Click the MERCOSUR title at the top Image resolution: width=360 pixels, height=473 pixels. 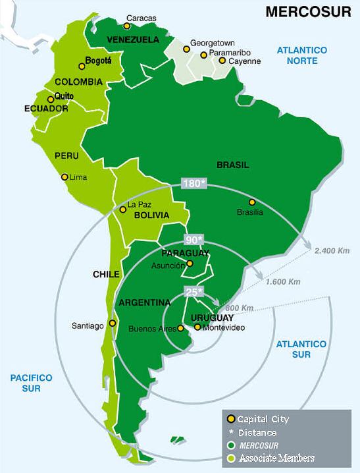[x=307, y=12]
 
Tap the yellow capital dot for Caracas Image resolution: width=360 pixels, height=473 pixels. [x=127, y=26]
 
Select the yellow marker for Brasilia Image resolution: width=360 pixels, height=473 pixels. [x=251, y=202]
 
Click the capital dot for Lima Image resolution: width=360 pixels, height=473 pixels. [x=64, y=177]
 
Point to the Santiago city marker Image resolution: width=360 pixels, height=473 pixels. [x=113, y=323]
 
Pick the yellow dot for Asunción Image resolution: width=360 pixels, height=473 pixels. [x=190, y=264]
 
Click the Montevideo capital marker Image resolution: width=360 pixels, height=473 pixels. [x=197, y=327]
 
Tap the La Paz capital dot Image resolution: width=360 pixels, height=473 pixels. [x=122, y=209]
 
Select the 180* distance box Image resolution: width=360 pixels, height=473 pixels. [x=194, y=183]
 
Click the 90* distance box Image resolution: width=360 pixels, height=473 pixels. [x=193, y=238]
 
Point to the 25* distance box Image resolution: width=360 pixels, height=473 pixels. [x=193, y=291]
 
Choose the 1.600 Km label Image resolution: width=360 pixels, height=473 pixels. [x=283, y=282]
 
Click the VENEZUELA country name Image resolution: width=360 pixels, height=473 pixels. [x=133, y=40]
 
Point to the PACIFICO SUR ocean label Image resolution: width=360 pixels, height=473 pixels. [x=31, y=383]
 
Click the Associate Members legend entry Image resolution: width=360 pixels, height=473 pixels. [x=276, y=458]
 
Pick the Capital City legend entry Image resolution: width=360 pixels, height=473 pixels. [x=263, y=419]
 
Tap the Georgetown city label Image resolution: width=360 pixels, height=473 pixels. [x=212, y=43]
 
